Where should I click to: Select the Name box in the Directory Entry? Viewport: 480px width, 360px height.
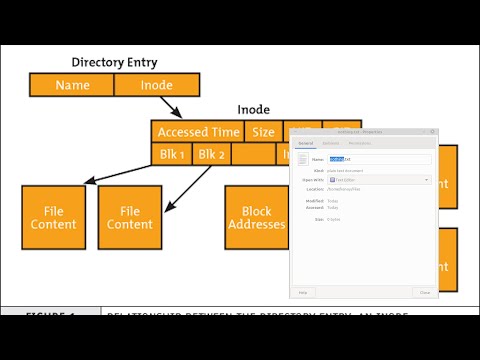[x=72, y=85]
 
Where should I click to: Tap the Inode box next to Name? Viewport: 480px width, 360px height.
[x=157, y=85]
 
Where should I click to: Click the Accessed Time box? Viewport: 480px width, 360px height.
[x=198, y=132]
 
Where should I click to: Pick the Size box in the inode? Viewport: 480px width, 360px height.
[x=263, y=132]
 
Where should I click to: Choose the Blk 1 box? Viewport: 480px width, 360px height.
[x=169, y=154]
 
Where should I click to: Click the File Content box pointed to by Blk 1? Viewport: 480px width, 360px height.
[x=54, y=217]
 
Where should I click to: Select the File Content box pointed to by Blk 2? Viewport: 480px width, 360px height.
[x=130, y=217]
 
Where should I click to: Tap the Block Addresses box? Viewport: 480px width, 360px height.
[x=256, y=217]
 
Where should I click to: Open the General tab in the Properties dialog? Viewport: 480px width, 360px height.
[x=306, y=144]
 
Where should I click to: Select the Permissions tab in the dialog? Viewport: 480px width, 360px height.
[x=358, y=144]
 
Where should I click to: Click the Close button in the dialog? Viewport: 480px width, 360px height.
[x=425, y=292]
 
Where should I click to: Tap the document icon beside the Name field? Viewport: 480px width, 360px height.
[x=301, y=160]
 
